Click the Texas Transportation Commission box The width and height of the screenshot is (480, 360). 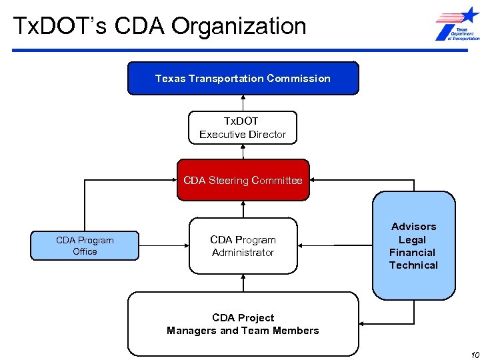(x=243, y=78)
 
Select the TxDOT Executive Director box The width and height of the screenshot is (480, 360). (x=243, y=127)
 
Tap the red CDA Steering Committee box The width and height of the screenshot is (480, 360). (x=243, y=180)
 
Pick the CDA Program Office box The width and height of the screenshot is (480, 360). (x=85, y=246)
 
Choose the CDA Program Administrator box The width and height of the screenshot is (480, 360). (x=243, y=246)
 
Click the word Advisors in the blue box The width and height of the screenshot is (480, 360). (x=413, y=227)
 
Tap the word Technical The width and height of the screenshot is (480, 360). (x=413, y=265)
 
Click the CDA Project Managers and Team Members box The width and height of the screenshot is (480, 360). (x=243, y=324)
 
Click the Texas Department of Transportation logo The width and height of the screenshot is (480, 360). (x=457, y=25)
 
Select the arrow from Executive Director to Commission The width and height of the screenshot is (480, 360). (x=243, y=103)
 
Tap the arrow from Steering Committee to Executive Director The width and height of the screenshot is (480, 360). (x=243, y=151)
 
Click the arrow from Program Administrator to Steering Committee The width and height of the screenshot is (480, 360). (x=243, y=209)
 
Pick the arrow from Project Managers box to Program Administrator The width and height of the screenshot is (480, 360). (x=243, y=283)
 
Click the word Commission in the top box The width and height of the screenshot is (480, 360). (x=298, y=78)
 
